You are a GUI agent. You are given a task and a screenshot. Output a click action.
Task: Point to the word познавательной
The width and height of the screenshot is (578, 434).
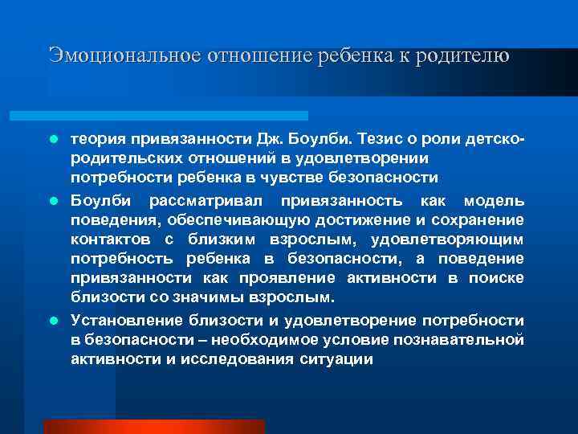450,339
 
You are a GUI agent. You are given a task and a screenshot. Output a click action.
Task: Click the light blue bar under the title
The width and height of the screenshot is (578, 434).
177,116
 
